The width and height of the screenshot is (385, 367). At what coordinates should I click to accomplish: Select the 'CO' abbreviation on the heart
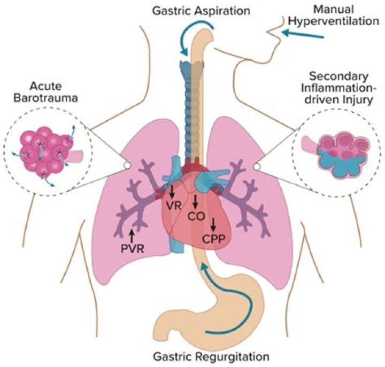tap(196, 216)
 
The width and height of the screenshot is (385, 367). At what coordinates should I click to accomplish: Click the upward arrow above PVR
tap(131, 233)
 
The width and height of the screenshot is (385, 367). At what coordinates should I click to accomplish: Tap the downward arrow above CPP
tap(214, 223)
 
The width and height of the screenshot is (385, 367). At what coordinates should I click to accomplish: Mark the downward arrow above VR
tap(172, 190)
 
